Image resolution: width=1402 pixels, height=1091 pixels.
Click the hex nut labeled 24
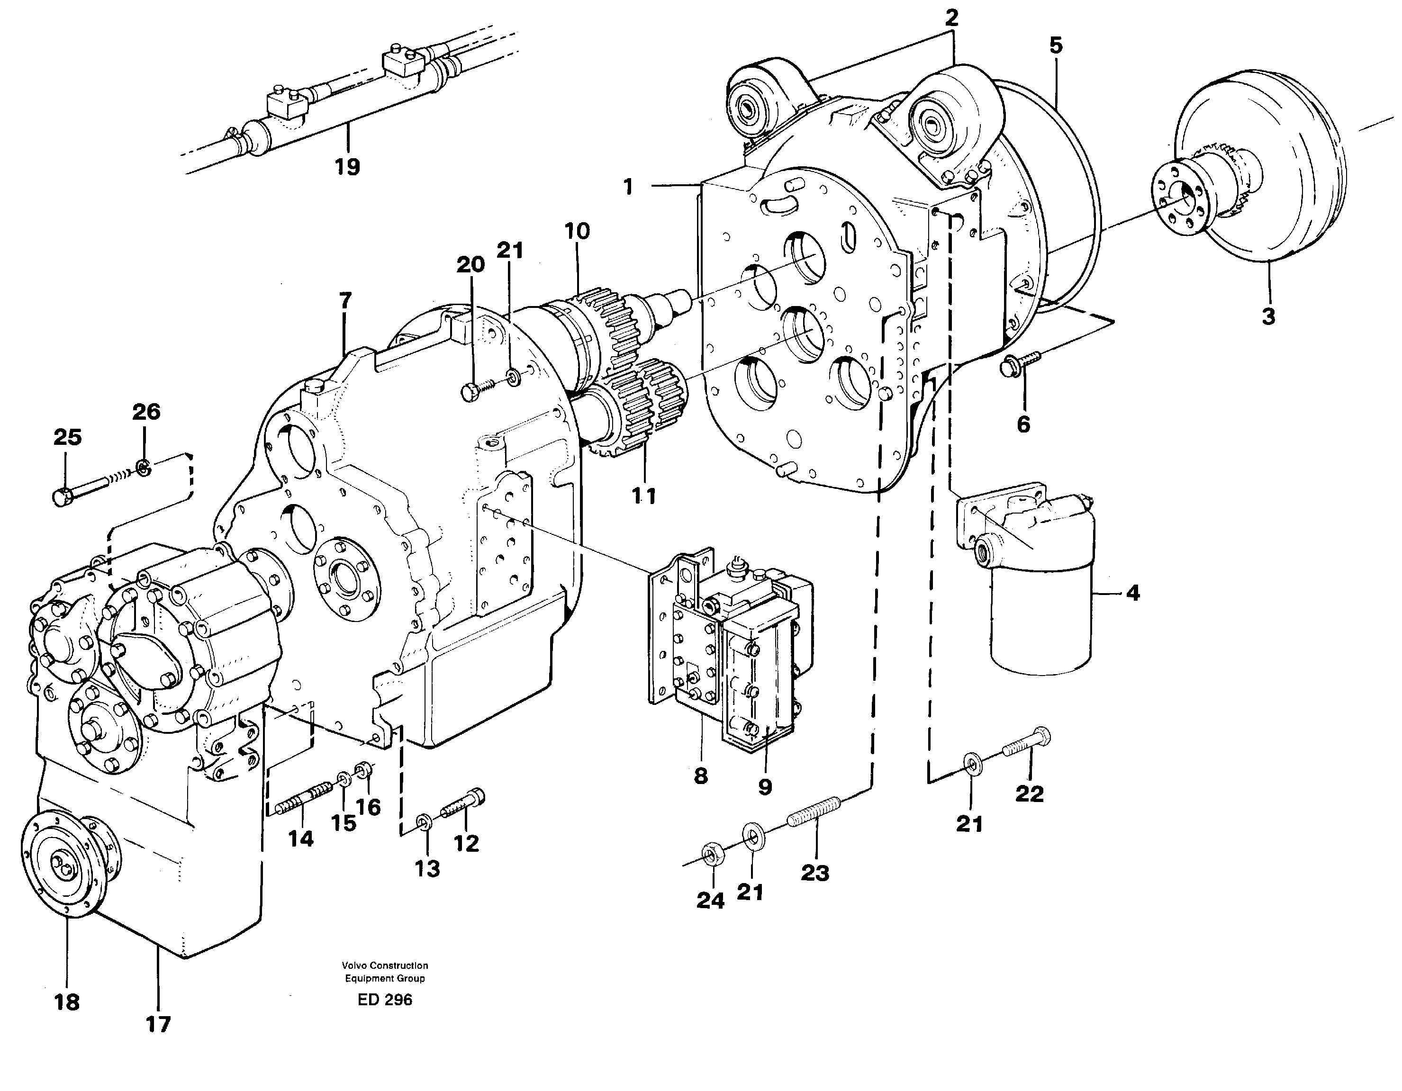click(x=710, y=854)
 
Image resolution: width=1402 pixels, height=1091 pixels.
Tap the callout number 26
click(x=146, y=411)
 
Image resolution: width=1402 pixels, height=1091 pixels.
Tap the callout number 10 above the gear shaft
click(x=577, y=231)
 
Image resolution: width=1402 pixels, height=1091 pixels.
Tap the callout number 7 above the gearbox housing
click(x=345, y=300)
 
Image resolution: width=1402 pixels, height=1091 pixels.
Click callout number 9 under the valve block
click(x=765, y=787)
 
